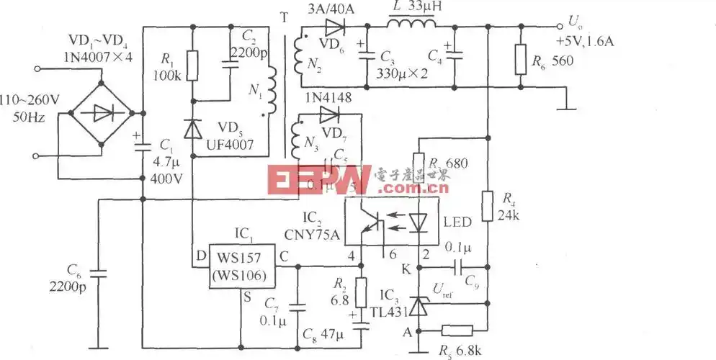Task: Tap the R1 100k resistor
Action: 192,66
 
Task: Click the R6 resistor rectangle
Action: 521,60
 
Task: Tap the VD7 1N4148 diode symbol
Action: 330,114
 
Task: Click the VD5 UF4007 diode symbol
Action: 192,128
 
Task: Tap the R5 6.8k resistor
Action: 456,330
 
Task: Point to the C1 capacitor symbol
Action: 142,145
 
